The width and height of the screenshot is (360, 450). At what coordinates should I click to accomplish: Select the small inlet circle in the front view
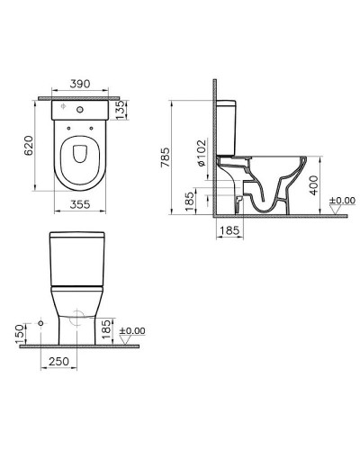coord(42,322)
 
